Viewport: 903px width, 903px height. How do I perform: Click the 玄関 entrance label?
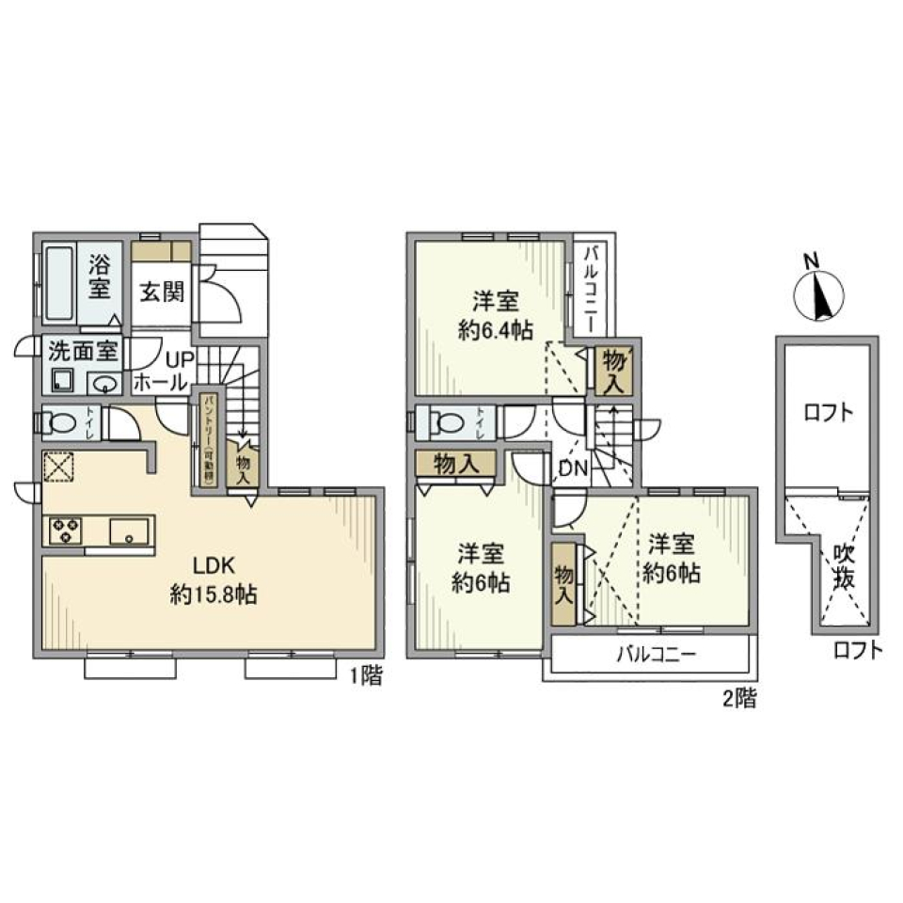pyautogui.click(x=163, y=292)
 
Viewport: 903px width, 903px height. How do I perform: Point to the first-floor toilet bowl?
pyautogui.click(x=63, y=423)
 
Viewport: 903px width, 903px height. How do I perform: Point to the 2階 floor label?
pyautogui.click(x=738, y=698)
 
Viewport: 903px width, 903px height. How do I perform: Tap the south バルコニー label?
pyautogui.click(x=656, y=655)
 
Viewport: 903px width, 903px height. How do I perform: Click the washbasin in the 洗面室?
pyautogui.click(x=104, y=383)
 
